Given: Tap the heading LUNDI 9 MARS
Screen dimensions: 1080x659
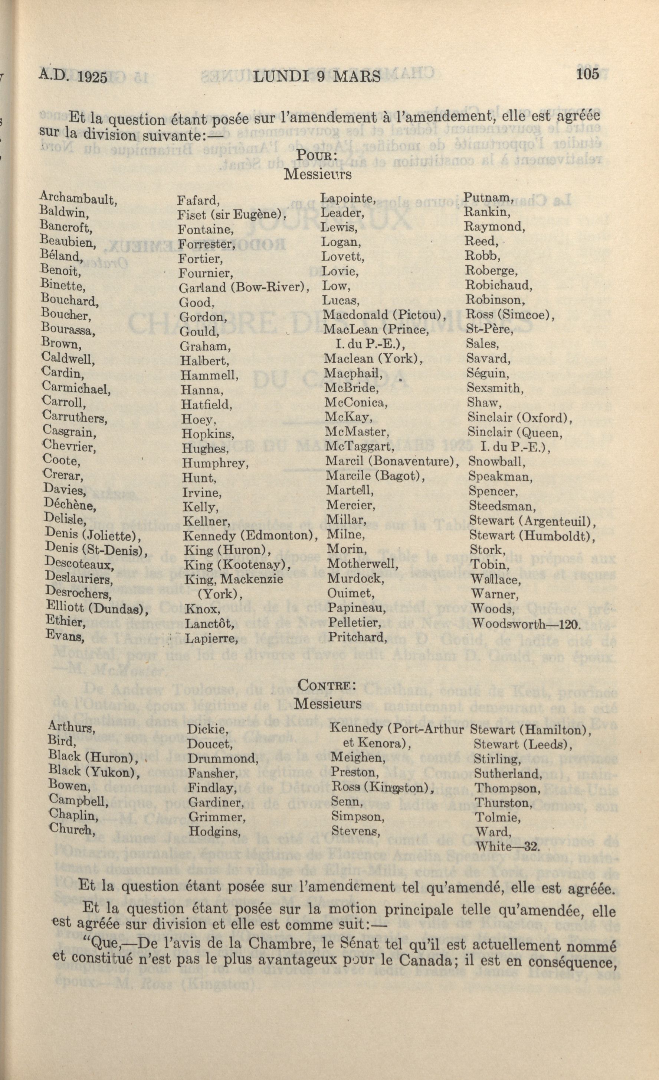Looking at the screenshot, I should click(317, 77).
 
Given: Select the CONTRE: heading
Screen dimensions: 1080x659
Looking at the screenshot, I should click(325, 685).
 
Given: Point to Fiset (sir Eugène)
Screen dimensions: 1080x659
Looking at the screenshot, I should click(232, 215).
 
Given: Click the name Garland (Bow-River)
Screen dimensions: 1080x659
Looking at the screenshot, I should click(244, 288).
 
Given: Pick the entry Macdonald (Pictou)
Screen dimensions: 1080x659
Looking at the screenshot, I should click(384, 315).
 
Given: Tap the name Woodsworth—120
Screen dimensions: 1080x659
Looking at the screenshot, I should click(525, 623).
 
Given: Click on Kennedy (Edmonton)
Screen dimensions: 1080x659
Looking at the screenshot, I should click(250, 536).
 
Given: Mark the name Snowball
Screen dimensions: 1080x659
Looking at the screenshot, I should click(496, 461).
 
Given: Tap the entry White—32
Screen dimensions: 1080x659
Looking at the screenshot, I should click(508, 846).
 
